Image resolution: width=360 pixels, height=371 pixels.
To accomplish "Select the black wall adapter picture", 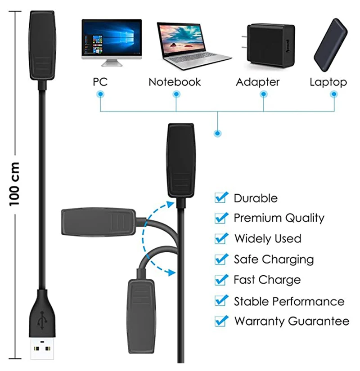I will pos(270,44).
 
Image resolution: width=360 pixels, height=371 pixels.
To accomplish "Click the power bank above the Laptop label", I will pos(332,45).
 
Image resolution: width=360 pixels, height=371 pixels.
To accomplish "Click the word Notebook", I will pos(175,82).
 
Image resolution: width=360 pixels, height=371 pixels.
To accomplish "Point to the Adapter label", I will pos(257,82).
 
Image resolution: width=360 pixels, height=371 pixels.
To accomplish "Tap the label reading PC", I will pos(100,82).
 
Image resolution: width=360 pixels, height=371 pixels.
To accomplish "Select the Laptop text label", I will pos(328,82).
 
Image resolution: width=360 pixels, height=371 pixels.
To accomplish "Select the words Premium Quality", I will pos(279,218).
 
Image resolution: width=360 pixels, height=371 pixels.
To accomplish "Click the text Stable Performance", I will pos(289,301).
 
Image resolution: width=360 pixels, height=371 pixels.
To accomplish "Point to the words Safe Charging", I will pos(274,259).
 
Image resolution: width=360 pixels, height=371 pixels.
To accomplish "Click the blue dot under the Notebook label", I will pos(176,94).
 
